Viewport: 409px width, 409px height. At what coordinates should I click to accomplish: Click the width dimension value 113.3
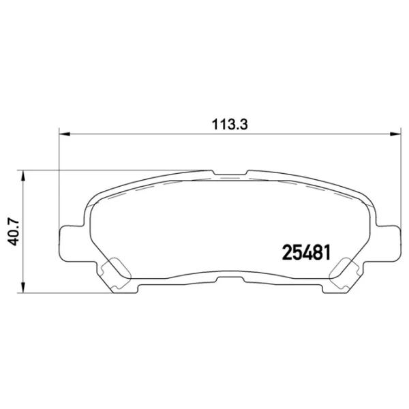[x=228, y=124]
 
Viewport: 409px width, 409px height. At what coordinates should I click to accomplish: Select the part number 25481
[x=306, y=252]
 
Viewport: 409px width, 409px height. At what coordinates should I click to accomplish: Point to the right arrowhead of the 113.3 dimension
[x=397, y=134]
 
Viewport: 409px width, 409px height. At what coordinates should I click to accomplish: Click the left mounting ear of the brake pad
[x=70, y=242]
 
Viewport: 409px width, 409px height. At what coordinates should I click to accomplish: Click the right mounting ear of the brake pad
[x=389, y=242]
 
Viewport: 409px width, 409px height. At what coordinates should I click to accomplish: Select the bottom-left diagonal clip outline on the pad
[x=116, y=272]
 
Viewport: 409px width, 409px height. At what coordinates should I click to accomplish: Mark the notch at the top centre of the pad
[x=230, y=171]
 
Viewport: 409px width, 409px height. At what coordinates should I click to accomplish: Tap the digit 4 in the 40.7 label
[x=12, y=240]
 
